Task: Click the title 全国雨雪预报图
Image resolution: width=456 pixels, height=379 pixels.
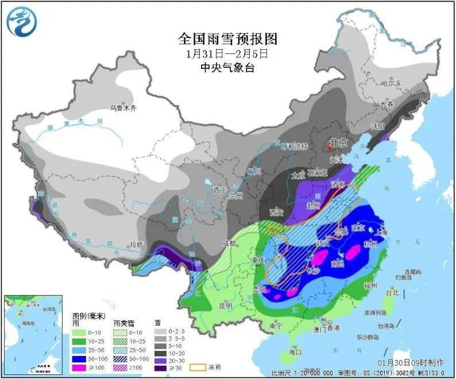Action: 227,39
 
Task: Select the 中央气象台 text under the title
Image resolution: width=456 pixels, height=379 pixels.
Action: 227,67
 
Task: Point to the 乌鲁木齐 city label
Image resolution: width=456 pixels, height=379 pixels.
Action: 123,108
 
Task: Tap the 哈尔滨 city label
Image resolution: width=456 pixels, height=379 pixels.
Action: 393,84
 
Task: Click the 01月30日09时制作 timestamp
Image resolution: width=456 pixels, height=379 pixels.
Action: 411,363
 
